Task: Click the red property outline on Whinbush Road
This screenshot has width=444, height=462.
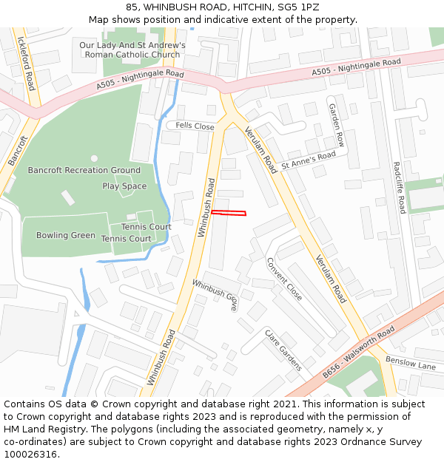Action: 228,214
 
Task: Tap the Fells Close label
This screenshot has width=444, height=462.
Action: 195,126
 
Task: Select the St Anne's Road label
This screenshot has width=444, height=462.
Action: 308,159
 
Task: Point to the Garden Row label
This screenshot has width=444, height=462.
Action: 337,124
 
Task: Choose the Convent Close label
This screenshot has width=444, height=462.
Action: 284,279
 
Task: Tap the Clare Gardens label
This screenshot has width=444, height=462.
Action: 283,350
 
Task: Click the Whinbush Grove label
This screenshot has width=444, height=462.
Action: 215,294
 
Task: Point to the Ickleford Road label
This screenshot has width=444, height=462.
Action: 25,63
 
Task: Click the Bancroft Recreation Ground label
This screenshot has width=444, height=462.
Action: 84,171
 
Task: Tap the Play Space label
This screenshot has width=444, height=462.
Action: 124,186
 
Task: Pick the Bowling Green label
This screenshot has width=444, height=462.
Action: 66,235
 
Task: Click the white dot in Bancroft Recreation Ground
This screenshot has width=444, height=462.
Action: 94,157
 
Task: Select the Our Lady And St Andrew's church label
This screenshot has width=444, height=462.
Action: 132,50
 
